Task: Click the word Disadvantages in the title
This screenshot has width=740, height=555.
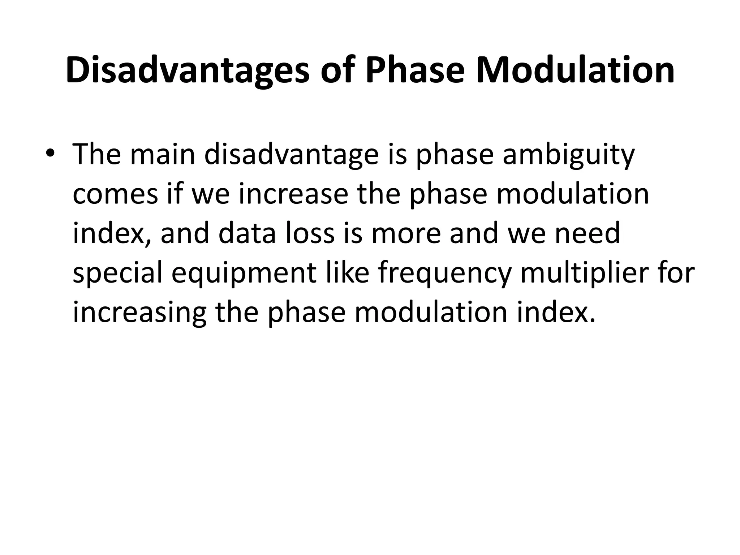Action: point(188,70)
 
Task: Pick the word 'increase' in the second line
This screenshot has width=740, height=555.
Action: point(293,194)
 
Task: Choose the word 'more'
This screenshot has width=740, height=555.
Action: point(406,233)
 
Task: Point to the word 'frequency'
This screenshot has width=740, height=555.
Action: point(445,273)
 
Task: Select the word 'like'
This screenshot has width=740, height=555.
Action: point(347,273)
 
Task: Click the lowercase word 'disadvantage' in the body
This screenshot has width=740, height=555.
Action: point(291,154)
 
